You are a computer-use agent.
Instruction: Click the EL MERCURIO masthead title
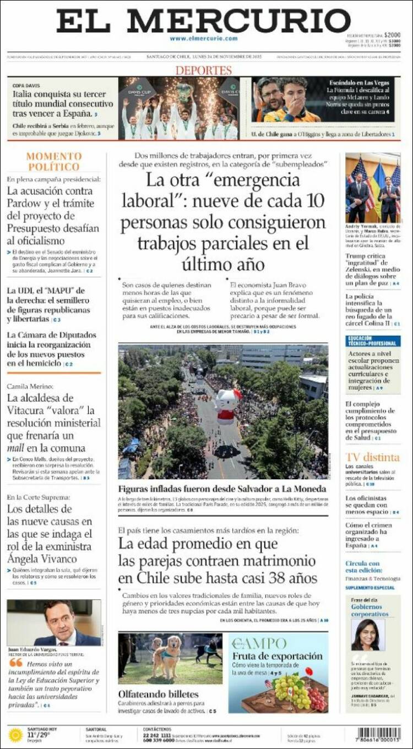203,21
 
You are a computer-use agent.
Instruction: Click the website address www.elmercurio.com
203,39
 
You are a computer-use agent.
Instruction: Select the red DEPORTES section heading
203,70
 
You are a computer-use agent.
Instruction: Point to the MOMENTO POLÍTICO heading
54,161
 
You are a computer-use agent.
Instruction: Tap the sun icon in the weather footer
15,735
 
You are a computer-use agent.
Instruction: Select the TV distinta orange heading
372,457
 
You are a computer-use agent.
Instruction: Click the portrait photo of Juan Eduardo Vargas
54,622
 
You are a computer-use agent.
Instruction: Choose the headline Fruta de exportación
277,656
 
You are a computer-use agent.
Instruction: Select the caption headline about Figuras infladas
222,489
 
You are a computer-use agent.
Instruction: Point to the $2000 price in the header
392,35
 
